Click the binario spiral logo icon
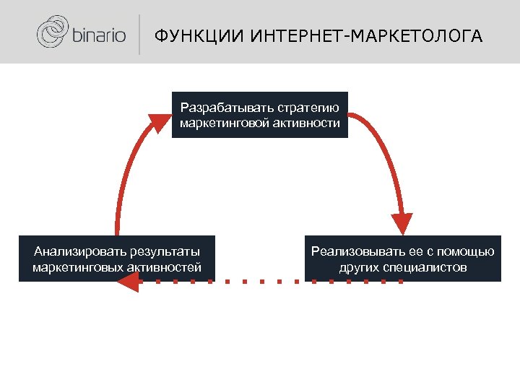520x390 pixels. (x=52, y=33)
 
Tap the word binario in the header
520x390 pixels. (x=97, y=35)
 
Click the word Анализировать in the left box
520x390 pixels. (x=79, y=252)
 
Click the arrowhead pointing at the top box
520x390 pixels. (x=160, y=121)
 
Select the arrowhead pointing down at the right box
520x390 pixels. (x=402, y=223)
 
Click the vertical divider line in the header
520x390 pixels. (x=139, y=35)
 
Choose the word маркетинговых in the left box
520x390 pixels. (x=79, y=267)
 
